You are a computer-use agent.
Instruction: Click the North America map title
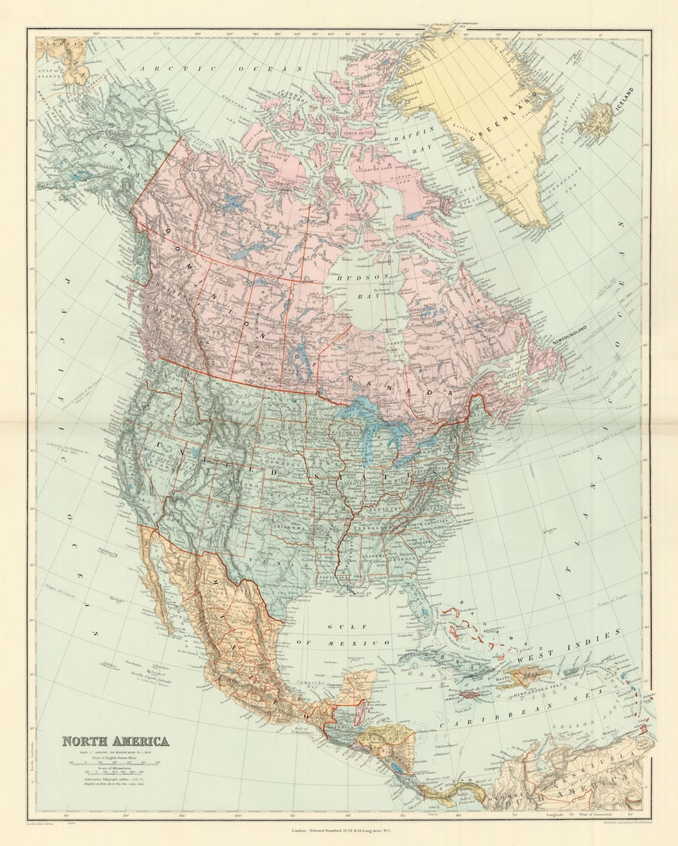[x=115, y=741]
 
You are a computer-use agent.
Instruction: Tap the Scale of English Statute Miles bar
[x=115, y=763]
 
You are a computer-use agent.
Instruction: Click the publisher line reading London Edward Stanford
[x=339, y=830]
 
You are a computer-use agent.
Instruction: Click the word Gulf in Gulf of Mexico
[x=339, y=628]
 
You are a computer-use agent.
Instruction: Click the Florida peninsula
[x=419, y=608]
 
